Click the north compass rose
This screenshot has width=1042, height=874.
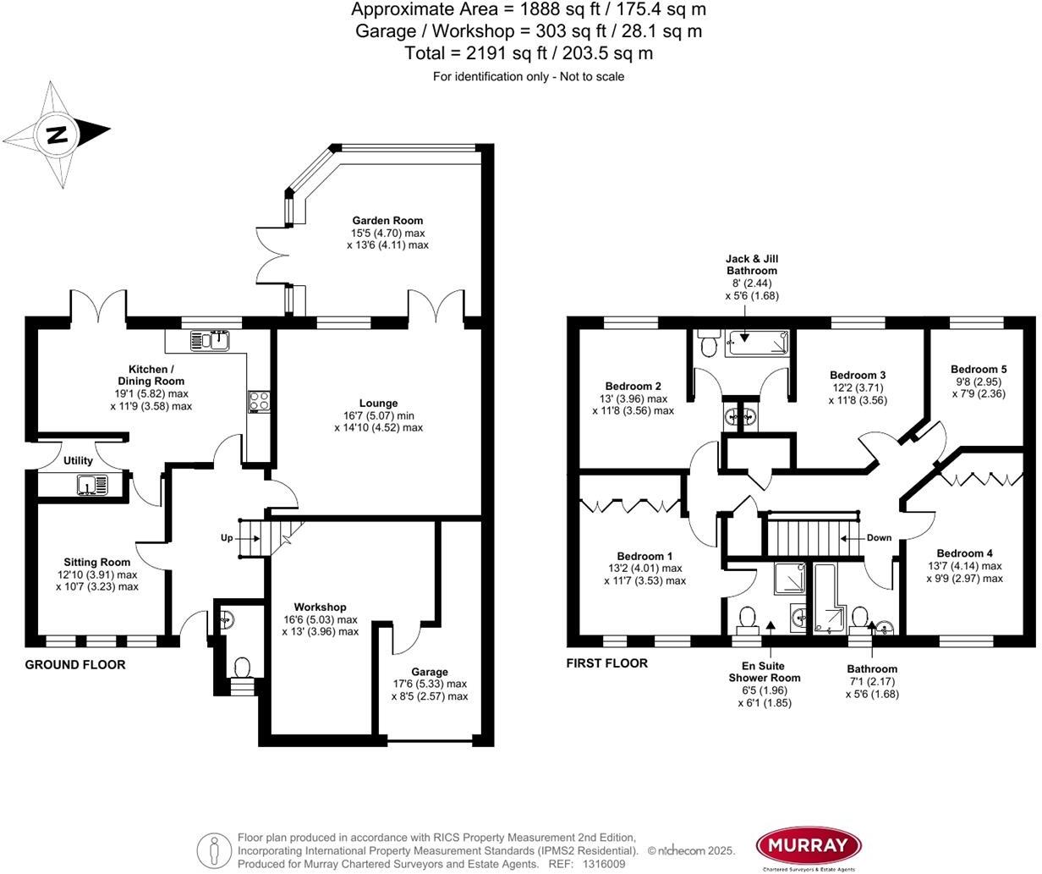[x=58, y=134]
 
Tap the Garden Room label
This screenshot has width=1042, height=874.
[x=387, y=221]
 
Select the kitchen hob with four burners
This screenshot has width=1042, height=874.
[x=259, y=402]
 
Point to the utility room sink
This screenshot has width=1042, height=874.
[x=91, y=485]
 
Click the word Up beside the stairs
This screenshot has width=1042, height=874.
[x=227, y=538]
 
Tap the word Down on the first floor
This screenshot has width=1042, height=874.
[x=879, y=538]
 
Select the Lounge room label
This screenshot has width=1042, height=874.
[x=378, y=404]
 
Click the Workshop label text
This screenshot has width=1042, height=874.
[x=320, y=607]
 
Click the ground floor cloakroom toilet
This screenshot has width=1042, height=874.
[x=242, y=668]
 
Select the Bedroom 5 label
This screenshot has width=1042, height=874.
[x=979, y=370]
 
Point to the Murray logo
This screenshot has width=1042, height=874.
[x=808, y=845]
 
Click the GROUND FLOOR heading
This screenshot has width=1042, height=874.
[x=75, y=665]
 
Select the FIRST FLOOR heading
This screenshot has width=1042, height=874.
[x=607, y=663]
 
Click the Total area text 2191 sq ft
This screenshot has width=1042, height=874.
[x=529, y=53]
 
